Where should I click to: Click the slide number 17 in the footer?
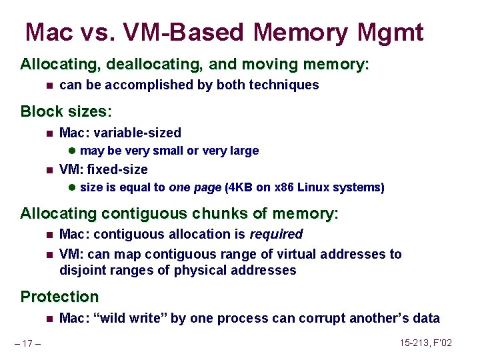tap(28, 343)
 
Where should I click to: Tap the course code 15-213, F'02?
tap(426, 343)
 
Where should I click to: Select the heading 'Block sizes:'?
tap(66, 111)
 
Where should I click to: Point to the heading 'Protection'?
tap(59, 297)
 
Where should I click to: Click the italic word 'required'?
tap(276, 234)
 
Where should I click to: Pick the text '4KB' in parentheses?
tap(238, 187)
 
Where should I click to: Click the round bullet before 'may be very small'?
tap(72, 151)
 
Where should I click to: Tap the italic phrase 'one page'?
tap(195, 187)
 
